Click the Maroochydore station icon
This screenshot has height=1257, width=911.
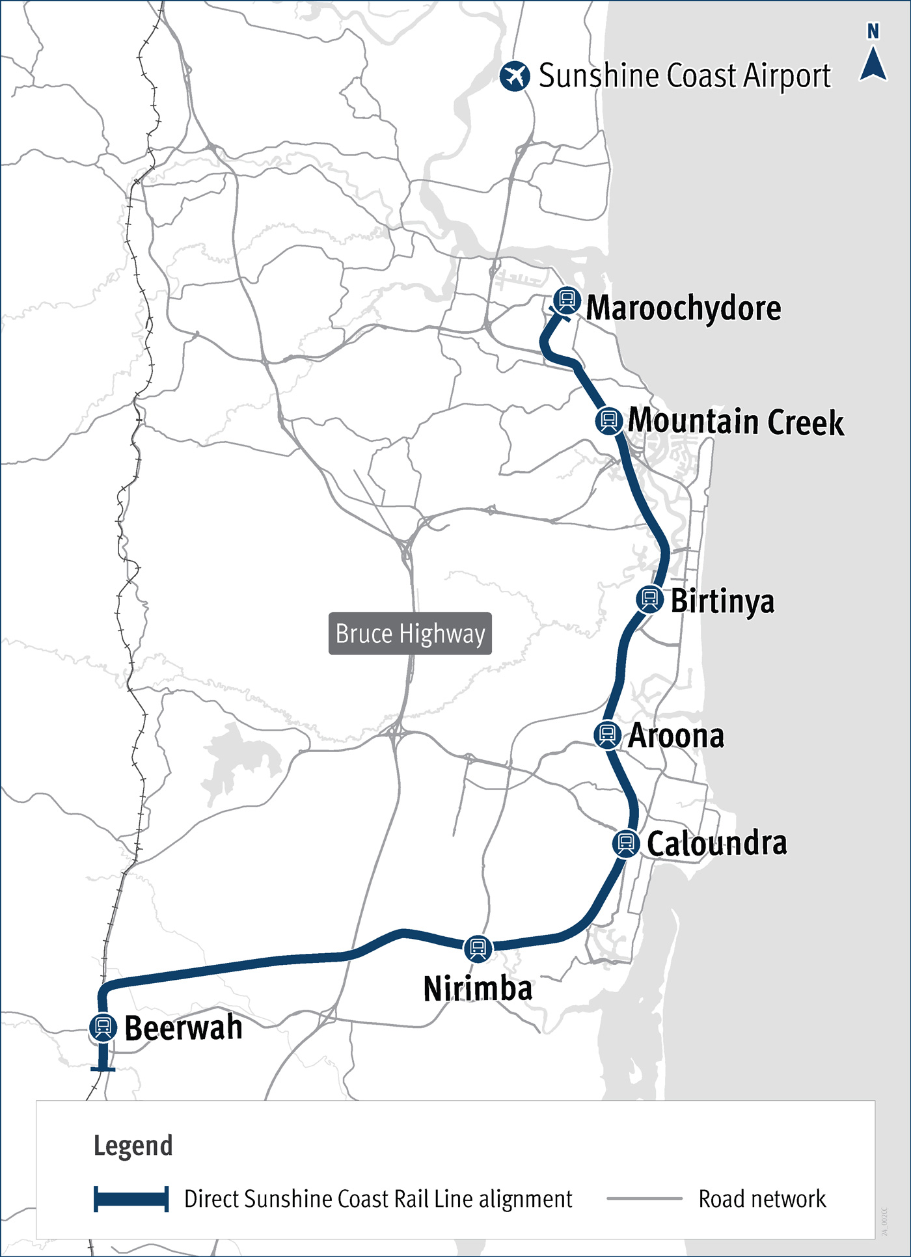point(567,300)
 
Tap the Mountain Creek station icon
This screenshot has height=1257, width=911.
point(608,420)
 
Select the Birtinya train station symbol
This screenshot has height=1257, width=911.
point(649,599)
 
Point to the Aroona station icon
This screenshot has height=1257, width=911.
point(607,735)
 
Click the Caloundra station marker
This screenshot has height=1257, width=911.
point(626,843)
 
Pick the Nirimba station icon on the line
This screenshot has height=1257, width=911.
point(478,948)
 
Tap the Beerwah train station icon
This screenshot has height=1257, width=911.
point(103,1027)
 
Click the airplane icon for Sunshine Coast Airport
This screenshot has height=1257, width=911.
point(515,76)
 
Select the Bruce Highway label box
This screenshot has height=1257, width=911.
point(410,633)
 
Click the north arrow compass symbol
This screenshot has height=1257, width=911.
point(873,61)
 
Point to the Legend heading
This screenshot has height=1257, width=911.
point(133,1146)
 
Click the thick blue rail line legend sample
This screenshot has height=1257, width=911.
point(131,1198)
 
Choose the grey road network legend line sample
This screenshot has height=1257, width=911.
point(644,1198)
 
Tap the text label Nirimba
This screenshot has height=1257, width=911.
point(478,988)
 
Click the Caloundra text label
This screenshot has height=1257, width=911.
point(716,844)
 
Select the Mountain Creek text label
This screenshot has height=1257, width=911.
point(736,422)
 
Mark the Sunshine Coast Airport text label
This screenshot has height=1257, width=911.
point(685,76)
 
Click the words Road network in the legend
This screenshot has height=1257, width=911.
point(762,1198)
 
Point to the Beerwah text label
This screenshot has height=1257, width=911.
point(184,1028)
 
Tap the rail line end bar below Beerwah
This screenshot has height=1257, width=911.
point(103,1069)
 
